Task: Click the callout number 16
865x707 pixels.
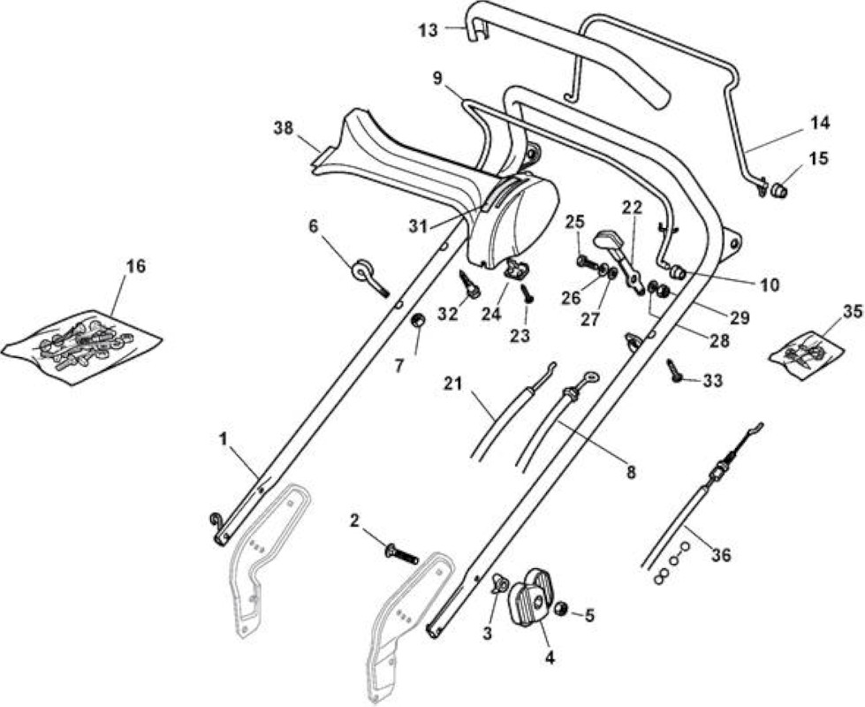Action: point(136,267)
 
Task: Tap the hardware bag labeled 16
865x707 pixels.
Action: point(81,347)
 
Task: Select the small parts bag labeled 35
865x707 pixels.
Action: point(807,354)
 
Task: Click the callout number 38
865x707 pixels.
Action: point(285,129)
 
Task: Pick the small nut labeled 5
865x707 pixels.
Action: point(561,609)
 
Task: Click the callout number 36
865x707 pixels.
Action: point(721,555)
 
